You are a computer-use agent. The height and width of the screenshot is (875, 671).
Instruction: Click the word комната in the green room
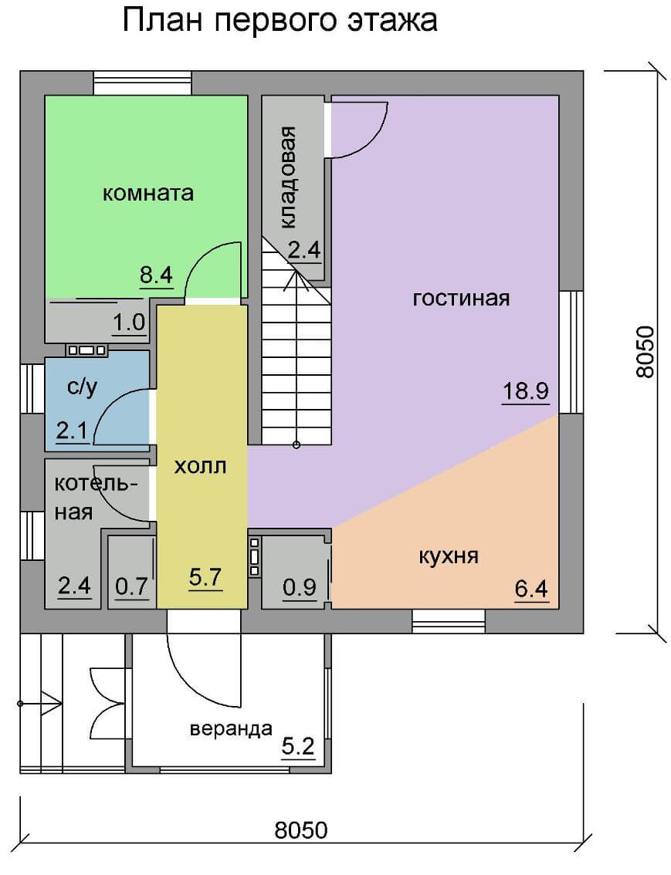tap(148, 193)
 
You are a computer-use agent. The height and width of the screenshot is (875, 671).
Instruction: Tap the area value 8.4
tap(156, 275)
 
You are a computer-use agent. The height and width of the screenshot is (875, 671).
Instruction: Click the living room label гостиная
tap(461, 298)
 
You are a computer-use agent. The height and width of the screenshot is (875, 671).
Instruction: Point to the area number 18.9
tap(525, 390)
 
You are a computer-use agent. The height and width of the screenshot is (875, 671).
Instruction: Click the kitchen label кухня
tap(449, 556)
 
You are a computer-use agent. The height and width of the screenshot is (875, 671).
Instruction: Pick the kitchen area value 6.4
tap(531, 588)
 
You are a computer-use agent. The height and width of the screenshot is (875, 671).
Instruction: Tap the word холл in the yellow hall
tap(200, 466)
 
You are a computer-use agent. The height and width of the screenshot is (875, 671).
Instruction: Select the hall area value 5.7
tap(205, 576)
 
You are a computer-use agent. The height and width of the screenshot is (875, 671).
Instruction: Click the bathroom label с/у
tap(82, 387)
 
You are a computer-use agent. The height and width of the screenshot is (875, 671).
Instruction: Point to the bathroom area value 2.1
tap(72, 431)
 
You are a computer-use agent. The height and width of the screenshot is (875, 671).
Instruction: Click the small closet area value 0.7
tap(131, 586)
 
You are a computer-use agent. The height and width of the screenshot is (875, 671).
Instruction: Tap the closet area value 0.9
tap(300, 586)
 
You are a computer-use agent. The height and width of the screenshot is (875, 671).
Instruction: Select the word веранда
tap(231, 729)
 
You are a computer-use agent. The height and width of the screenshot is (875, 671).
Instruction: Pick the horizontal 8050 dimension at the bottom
tap(301, 829)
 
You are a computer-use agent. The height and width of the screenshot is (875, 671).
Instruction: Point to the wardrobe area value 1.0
tap(129, 323)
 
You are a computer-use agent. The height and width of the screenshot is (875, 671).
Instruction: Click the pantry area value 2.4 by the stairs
tap(304, 249)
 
